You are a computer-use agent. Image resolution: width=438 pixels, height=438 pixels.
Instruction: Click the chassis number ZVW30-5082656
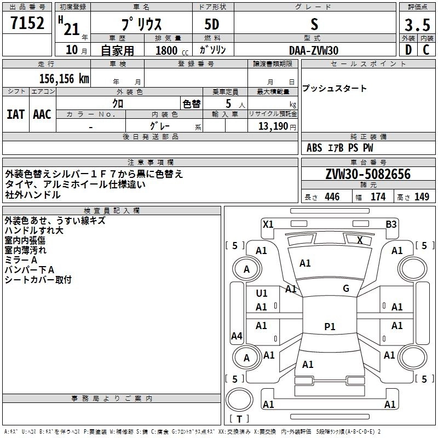click(367, 174)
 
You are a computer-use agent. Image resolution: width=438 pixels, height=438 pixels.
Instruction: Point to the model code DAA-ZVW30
click(314, 50)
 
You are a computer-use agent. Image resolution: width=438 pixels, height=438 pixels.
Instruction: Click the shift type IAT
click(15, 114)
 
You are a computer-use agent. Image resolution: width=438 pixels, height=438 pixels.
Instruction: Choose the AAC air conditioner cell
click(42, 114)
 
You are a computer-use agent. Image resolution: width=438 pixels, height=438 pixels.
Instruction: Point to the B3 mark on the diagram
click(391, 224)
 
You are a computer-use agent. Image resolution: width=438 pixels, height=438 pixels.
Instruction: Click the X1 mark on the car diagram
click(268, 224)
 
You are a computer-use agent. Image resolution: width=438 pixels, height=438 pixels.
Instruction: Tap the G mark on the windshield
click(345, 289)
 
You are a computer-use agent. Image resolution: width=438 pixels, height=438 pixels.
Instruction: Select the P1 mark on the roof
click(329, 326)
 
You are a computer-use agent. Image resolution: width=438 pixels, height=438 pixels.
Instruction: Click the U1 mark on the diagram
click(262, 293)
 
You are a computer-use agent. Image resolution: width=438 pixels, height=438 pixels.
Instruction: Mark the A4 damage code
click(237, 336)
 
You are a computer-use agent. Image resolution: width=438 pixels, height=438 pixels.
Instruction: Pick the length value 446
click(332, 197)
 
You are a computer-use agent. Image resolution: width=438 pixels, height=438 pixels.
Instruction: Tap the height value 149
click(422, 197)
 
